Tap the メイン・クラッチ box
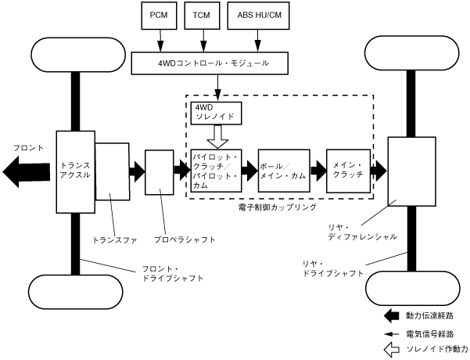(348, 171)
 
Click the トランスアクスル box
(75, 171)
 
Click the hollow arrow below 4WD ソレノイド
(215, 137)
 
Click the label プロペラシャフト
(184, 239)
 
